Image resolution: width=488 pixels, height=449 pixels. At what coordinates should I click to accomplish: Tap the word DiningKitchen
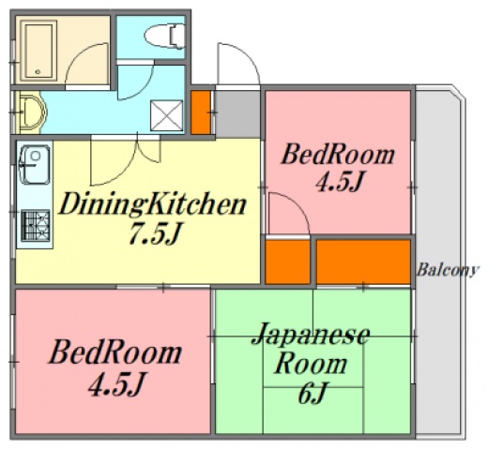[153, 203]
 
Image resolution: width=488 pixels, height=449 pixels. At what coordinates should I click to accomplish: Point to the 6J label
[312, 394]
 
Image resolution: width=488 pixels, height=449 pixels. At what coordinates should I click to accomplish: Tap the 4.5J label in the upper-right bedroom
[340, 181]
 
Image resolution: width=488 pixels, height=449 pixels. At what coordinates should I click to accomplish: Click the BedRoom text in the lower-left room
[114, 353]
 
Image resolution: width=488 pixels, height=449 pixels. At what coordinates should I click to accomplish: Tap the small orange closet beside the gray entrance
[202, 112]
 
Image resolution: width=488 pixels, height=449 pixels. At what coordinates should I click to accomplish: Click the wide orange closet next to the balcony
[363, 262]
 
